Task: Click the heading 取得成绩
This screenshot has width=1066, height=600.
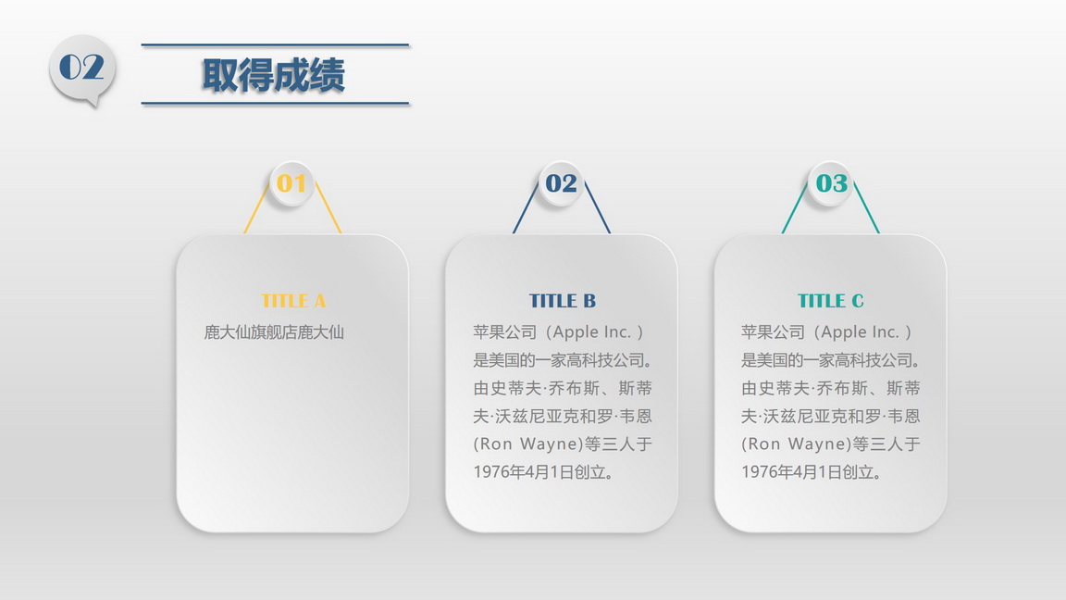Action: [x=273, y=75]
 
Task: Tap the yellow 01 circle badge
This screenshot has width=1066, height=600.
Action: [x=291, y=183]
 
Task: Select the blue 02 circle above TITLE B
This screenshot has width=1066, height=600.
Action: [x=561, y=183]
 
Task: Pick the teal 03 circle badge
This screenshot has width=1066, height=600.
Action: [x=831, y=183]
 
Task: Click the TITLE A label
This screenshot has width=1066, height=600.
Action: [x=293, y=301]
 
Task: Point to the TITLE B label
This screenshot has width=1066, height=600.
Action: [x=563, y=301]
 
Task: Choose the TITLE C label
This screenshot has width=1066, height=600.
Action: [x=831, y=301]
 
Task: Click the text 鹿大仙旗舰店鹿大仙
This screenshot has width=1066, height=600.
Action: [x=274, y=332]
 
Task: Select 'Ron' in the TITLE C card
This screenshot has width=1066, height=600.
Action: [x=765, y=444]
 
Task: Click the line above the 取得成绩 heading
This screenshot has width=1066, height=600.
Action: [x=276, y=44]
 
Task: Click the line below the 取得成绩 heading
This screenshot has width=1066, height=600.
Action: [x=276, y=104]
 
